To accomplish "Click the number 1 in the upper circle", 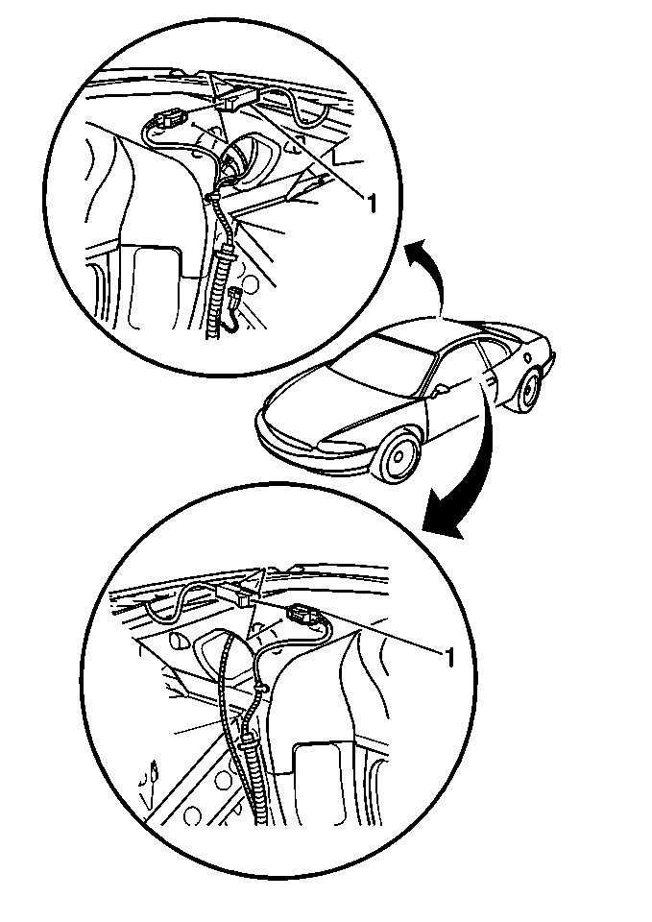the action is pyautogui.click(x=371, y=204).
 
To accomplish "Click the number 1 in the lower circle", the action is pyautogui.click(x=449, y=657).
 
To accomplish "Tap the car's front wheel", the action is pyautogui.click(x=398, y=455).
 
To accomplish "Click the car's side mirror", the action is pyautogui.click(x=439, y=389).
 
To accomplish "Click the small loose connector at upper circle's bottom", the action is pyautogui.click(x=237, y=295).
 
